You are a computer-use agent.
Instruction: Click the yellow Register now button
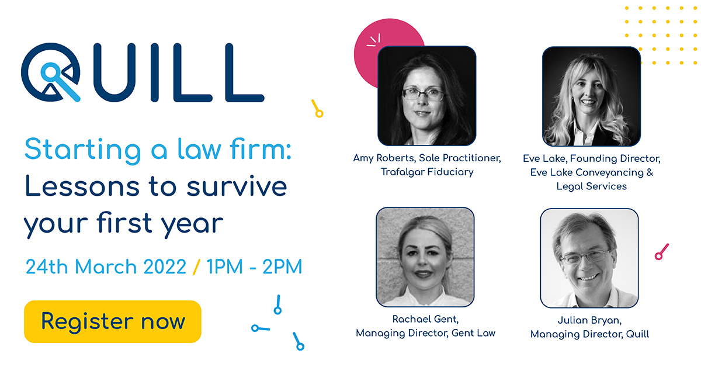point(113,321)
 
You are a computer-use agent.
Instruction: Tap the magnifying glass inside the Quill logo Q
point(60,81)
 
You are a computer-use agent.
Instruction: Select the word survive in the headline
point(237,186)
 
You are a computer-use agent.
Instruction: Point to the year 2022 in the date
point(165,267)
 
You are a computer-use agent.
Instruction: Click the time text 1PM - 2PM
point(254,267)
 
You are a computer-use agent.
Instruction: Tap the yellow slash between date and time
point(196,267)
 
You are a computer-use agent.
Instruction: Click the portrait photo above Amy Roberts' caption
point(427,96)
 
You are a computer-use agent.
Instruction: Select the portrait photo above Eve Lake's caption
point(591,96)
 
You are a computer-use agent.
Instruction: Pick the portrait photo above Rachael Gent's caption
point(425,257)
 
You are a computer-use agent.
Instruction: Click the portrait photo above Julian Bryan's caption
point(589,258)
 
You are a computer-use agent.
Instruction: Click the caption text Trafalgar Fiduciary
point(427,172)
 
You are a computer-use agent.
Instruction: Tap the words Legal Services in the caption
point(591,186)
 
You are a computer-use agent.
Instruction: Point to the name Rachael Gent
point(425,319)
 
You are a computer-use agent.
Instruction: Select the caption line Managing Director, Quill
point(589,334)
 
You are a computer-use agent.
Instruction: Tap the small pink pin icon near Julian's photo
point(661,252)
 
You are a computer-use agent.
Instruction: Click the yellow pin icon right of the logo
point(317,109)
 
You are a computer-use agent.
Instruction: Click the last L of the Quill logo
point(245,72)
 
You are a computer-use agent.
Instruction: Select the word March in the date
point(106,267)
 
